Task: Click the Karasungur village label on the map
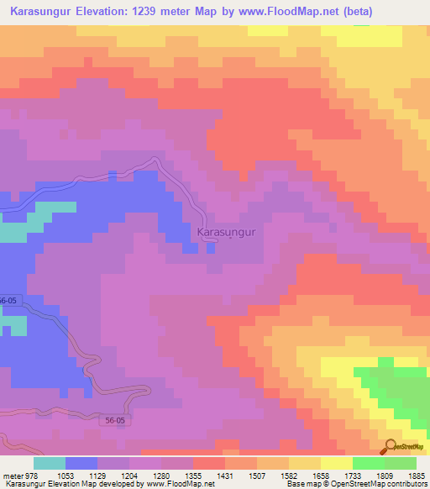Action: click(x=225, y=231)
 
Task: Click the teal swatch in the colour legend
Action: click(x=50, y=463)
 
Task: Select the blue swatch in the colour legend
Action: click(x=81, y=463)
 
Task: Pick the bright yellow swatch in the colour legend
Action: click(x=336, y=463)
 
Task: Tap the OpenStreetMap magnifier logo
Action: click(x=389, y=446)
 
